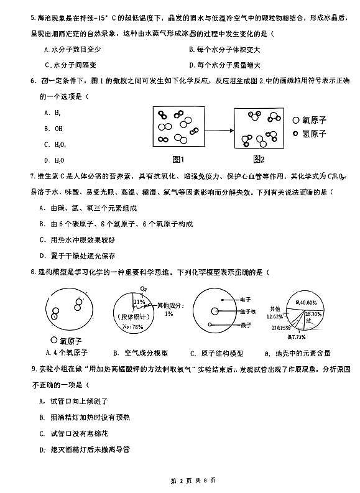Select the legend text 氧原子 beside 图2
click(314, 120)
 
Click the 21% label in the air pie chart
click(138, 302)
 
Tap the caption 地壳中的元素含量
click(302, 353)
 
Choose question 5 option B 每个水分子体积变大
click(224, 49)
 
